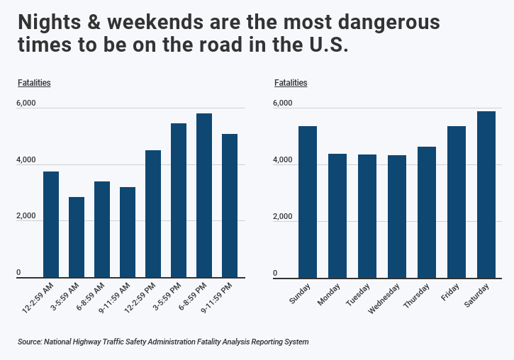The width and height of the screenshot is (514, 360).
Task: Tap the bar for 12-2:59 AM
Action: pyautogui.click(x=51, y=224)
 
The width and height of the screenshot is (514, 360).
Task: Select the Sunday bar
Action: pyautogui.click(x=308, y=201)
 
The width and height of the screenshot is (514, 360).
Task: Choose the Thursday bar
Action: pyautogui.click(x=427, y=212)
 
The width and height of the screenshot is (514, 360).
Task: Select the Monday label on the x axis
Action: pyautogui.click(x=330, y=294)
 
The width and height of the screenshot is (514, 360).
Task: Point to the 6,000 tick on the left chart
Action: pyautogui.click(x=26, y=103)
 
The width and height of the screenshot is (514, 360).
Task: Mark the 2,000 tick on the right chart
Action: pyautogui.click(x=283, y=217)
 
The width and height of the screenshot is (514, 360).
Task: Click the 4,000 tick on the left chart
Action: pyautogui.click(x=26, y=160)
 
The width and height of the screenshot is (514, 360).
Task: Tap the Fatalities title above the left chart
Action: pyautogui.click(x=34, y=83)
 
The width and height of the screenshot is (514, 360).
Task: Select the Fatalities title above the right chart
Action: pyautogui.click(x=291, y=83)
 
